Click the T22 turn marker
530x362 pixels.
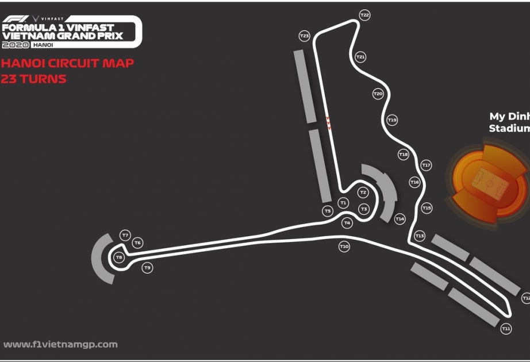[364, 15]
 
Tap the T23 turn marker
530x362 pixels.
[305, 36]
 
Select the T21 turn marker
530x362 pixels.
[360, 57]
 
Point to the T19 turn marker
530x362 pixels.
[392, 120]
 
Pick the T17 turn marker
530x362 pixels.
[426, 165]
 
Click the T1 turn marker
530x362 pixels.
[343, 203]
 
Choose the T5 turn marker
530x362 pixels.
[328, 211]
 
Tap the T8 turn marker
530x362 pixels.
[119, 257]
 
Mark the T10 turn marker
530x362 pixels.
[344, 247]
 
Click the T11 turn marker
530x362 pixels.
[506, 329]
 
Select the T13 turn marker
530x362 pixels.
[420, 236]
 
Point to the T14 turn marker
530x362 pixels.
[400, 219]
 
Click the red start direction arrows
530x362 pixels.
[328, 123]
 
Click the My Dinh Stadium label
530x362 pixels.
[509, 122]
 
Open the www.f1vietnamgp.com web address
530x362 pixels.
[60, 344]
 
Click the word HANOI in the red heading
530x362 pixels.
[24, 63]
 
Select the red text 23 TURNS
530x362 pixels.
[33, 79]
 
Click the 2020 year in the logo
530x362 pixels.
[16, 45]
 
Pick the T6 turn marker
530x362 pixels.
[137, 242]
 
